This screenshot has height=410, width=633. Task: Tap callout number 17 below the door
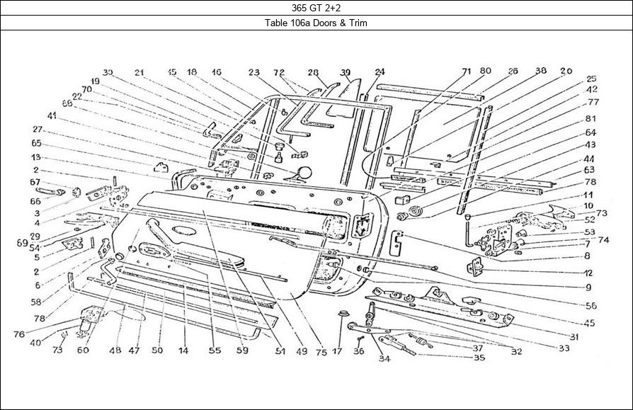[x=338, y=350]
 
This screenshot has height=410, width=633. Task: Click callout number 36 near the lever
[x=359, y=350]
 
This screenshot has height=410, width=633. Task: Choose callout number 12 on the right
[x=588, y=273]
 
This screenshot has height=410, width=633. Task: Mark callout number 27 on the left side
[x=38, y=130]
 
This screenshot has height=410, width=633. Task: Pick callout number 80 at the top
[x=485, y=72]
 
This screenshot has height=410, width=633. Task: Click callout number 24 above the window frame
[x=380, y=72]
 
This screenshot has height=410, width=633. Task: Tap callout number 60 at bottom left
[x=84, y=350]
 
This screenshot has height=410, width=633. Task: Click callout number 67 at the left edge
[x=33, y=182]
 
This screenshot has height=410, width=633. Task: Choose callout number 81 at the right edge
[x=591, y=118]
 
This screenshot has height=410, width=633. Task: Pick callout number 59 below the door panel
[x=242, y=350]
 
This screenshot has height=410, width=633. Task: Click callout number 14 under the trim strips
[x=183, y=350]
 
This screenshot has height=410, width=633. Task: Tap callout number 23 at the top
[x=254, y=72]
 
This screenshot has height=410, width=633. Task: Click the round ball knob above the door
[x=305, y=171]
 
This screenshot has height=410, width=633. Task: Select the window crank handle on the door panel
[x=159, y=231]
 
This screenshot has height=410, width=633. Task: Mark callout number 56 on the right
[x=591, y=306]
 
